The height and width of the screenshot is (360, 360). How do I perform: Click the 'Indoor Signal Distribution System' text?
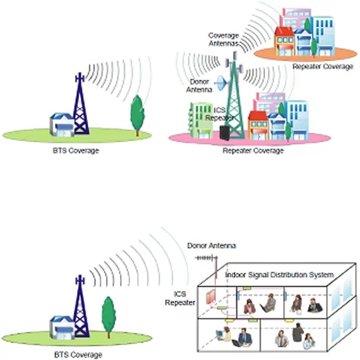[279, 274]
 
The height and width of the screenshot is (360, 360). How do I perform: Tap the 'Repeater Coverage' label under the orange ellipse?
[323, 67]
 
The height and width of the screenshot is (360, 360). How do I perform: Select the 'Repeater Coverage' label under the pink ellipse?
[253, 151]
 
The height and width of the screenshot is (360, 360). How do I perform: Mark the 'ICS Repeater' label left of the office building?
[180, 298]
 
